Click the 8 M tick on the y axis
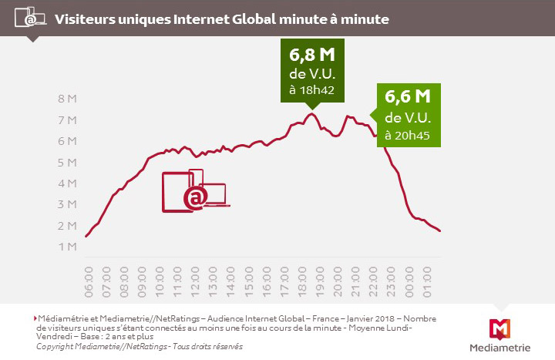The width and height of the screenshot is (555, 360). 67,99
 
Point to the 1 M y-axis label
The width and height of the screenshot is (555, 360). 67,247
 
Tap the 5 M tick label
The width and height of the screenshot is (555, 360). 67,163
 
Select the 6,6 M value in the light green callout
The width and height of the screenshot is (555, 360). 407,98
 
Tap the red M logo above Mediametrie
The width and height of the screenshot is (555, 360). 499,327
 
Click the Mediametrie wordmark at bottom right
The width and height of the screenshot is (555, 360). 499,347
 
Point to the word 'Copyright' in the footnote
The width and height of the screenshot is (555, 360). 56,347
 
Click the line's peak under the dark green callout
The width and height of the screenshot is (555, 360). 311,114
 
